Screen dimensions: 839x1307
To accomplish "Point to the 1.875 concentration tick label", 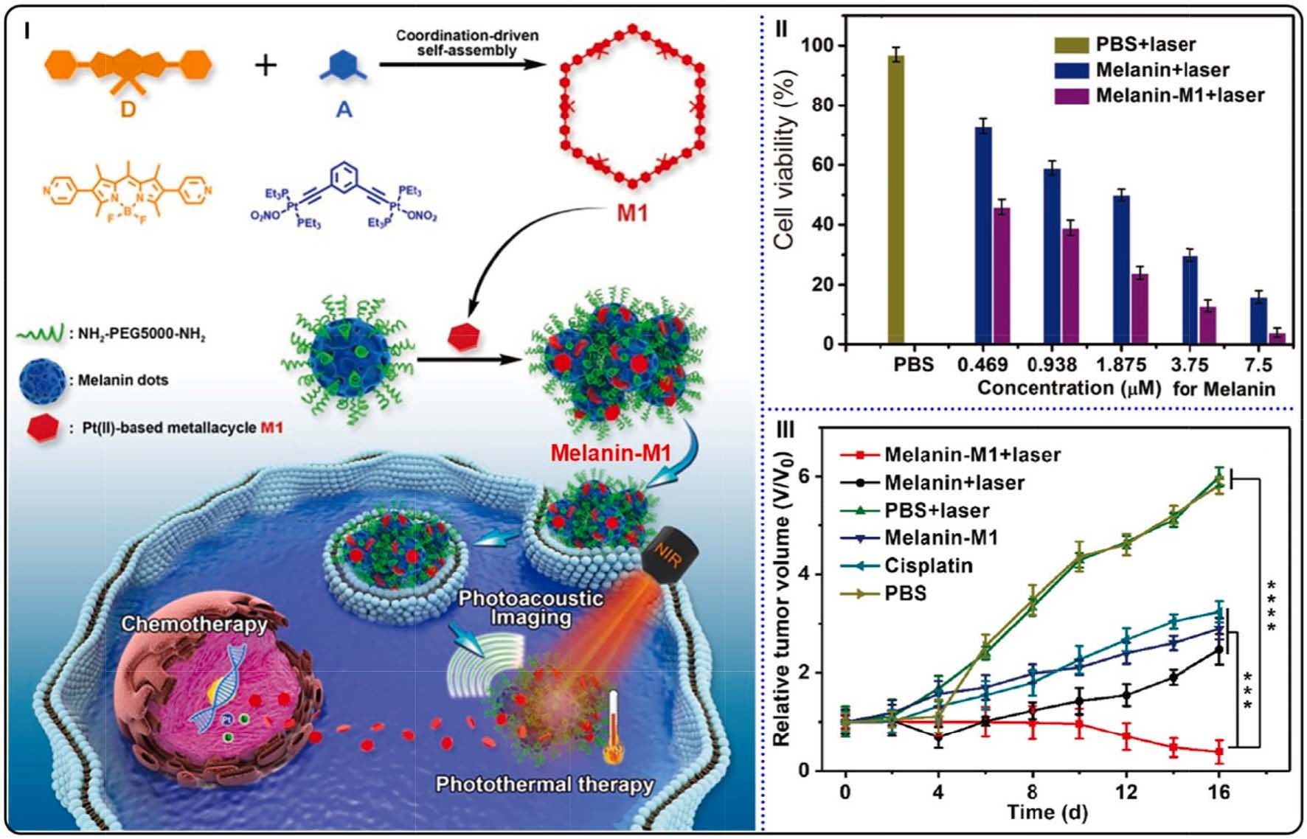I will pyautogui.click(x=1120, y=365).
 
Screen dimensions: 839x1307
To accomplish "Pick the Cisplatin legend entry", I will pyautogui.click(x=928, y=565).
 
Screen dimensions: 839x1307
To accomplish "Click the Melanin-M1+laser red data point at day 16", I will pyautogui.click(x=1219, y=753).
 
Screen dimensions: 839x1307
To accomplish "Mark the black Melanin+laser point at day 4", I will pyautogui.click(x=938, y=737).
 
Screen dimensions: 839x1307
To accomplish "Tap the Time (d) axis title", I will pyautogui.click(x=1047, y=812).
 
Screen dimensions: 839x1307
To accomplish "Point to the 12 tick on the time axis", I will pyautogui.click(x=1126, y=792).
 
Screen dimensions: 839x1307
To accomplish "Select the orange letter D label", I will pyautogui.click(x=128, y=110).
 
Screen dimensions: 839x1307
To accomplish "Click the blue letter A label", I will pyautogui.click(x=344, y=110).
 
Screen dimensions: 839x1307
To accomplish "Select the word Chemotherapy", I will pyautogui.click(x=194, y=624).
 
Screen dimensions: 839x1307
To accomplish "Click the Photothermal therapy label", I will pyautogui.click(x=544, y=784).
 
